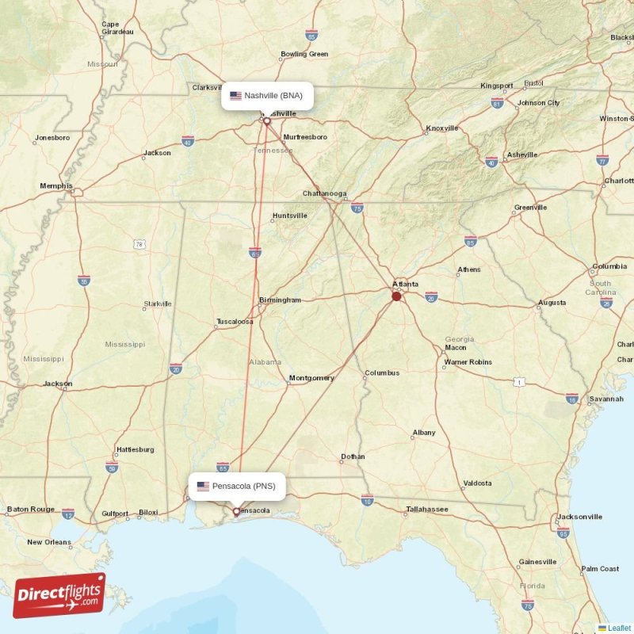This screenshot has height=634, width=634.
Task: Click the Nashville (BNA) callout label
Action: [x=266, y=96]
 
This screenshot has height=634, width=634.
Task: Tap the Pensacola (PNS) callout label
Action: [x=236, y=486]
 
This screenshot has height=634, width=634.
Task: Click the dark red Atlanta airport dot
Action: [x=396, y=296]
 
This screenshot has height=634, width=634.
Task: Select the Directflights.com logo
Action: [x=59, y=595]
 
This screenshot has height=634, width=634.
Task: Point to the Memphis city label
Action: [x=55, y=186]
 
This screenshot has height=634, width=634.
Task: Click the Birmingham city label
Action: [x=280, y=300]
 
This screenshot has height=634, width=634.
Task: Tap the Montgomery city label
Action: [x=311, y=378]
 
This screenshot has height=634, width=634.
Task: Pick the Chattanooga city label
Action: [x=324, y=193]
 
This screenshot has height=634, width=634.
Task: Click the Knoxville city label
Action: [x=442, y=128]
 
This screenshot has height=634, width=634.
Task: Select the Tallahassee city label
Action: [x=427, y=509]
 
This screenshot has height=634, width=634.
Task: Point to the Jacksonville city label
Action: [x=579, y=517]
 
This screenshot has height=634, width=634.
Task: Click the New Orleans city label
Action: [x=48, y=542]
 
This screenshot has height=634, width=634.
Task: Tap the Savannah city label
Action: [x=606, y=399]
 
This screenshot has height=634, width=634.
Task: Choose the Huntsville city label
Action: [x=289, y=216]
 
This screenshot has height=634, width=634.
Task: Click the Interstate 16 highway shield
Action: [x=571, y=398]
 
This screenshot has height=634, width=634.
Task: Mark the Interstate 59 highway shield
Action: [x=112, y=468]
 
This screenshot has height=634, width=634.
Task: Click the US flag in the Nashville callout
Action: [x=235, y=96]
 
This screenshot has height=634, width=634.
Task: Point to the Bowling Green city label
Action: [x=304, y=55]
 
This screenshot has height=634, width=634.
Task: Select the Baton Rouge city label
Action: [x=29, y=509]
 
